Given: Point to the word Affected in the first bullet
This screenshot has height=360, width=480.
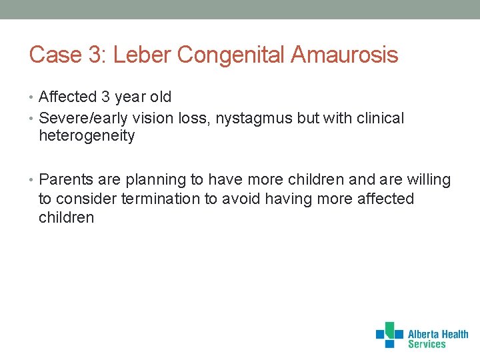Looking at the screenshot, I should (x=68, y=97).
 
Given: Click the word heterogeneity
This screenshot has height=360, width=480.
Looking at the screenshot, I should (x=87, y=137).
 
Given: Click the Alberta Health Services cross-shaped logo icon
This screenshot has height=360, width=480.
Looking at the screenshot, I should (x=389, y=335).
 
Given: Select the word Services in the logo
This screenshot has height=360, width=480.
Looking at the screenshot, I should (x=427, y=345).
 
